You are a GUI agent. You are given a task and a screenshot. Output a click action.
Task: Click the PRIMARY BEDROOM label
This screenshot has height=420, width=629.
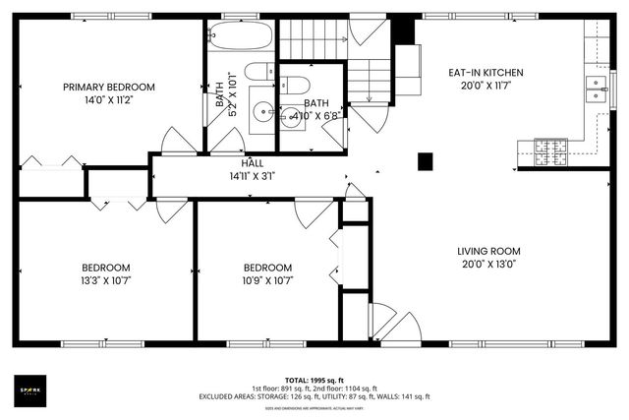coord(109,87)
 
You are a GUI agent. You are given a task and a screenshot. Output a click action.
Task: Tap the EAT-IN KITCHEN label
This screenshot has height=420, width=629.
coord(486,73)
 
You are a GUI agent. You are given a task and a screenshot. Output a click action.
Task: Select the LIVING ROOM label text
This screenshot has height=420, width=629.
coord(488,251)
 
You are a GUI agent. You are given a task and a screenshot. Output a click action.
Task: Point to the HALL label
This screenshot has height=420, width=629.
coord(253,163)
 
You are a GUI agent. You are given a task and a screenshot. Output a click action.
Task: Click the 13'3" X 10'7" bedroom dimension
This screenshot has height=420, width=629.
coord(105,279)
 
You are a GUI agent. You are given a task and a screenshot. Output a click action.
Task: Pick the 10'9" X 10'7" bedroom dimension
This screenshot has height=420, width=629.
coord(267,279)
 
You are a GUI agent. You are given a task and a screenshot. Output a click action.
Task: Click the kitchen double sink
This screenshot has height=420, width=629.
coord(596,89)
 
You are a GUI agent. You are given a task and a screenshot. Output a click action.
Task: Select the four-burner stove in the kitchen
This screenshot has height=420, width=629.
coord(550,150)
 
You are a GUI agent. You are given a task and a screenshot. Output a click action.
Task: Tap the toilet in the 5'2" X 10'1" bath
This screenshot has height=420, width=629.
coord(258,72)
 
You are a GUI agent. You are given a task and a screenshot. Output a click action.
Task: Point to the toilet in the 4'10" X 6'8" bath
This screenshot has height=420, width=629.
coord(294,83)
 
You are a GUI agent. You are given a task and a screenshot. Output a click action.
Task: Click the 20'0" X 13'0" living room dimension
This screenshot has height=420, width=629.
coord(488,264)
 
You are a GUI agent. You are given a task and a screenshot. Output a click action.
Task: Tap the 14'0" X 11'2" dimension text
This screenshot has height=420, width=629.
coord(109,99)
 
